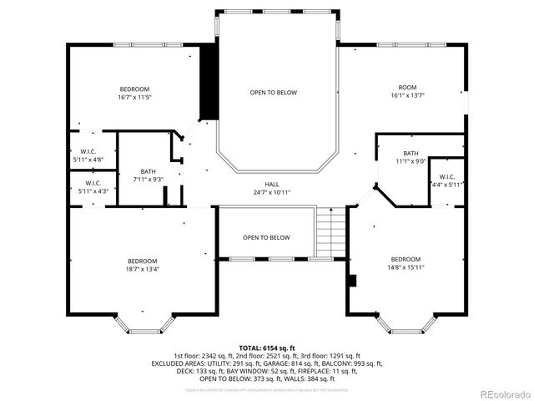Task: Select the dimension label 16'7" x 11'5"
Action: coord(134,98)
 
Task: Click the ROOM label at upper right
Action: coord(407,88)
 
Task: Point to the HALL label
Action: coord(272,184)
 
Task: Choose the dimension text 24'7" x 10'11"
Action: coord(272,192)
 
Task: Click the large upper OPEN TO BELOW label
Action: coord(273,93)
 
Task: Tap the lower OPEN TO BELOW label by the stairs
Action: coord(266,237)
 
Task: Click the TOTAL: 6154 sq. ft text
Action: coord(266,348)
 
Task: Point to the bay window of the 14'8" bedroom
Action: coord(405,323)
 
